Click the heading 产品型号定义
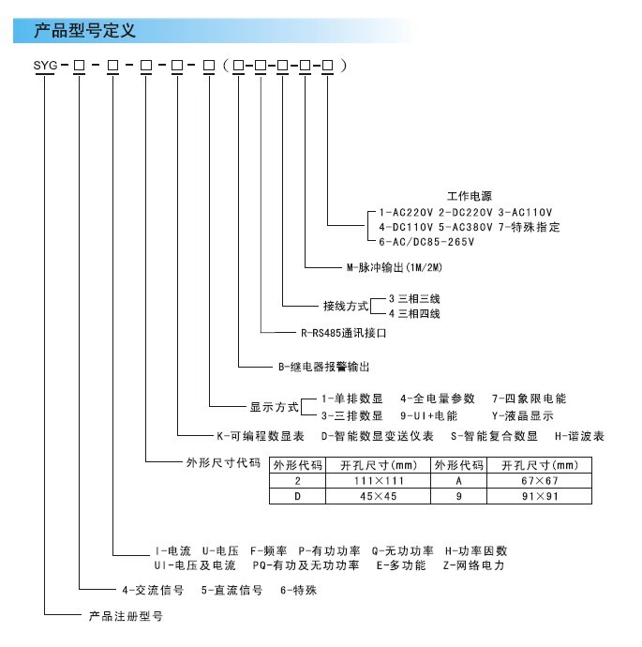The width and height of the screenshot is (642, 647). pyautogui.click(x=84, y=31)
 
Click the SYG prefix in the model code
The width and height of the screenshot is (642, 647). pyautogui.click(x=45, y=66)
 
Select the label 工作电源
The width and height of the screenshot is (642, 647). pyautogui.click(x=470, y=196)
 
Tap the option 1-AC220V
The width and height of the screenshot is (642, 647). pyautogui.click(x=406, y=213)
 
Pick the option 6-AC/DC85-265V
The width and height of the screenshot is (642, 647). pyautogui.click(x=426, y=242)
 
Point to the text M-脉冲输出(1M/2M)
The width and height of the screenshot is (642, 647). pyautogui.click(x=395, y=267)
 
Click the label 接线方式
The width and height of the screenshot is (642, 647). pyautogui.click(x=346, y=307)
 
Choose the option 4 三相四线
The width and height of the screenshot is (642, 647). pyautogui.click(x=414, y=313)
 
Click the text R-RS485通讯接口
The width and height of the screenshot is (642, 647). pyautogui.click(x=343, y=333)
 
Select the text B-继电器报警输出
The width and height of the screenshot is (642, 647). pyautogui.click(x=323, y=367)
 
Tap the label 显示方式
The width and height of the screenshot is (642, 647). pyautogui.click(x=275, y=407)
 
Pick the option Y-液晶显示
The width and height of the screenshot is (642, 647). pyautogui.click(x=522, y=416)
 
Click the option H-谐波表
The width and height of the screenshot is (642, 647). pyautogui.click(x=579, y=436)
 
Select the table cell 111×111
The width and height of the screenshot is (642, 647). pyautogui.click(x=378, y=481)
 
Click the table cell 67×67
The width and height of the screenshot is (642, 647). pyautogui.click(x=539, y=481)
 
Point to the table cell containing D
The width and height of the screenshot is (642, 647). pyautogui.click(x=297, y=496)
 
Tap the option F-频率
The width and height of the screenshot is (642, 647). pyautogui.click(x=268, y=551)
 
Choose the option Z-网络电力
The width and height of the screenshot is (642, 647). pyautogui.click(x=474, y=565)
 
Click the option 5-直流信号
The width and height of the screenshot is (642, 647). pyautogui.click(x=231, y=591)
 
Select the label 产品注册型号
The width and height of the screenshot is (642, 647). pyautogui.click(x=126, y=616)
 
